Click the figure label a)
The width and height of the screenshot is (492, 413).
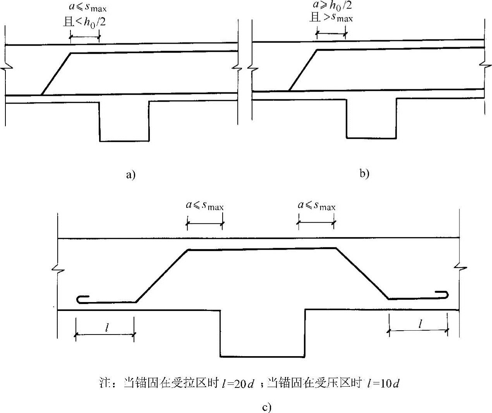click(x=131, y=175)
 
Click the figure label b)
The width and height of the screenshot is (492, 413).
click(x=364, y=174)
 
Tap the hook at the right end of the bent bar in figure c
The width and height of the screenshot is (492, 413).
click(x=443, y=294)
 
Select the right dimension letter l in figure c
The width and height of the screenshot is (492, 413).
click(x=420, y=324)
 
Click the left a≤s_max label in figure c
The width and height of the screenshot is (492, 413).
click(x=205, y=206)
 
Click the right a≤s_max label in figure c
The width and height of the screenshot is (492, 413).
click(x=316, y=205)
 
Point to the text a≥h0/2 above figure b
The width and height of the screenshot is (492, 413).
click(x=332, y=6)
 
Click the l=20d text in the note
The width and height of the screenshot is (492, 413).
click(x=238, y=384)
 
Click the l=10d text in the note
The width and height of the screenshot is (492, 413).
click(x=383, y=384)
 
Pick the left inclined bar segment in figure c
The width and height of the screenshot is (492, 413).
click(x=162, y=276)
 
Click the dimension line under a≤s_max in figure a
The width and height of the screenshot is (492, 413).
click(x=85, y=37)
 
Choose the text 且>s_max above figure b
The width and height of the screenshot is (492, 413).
click(x=331, y=17)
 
